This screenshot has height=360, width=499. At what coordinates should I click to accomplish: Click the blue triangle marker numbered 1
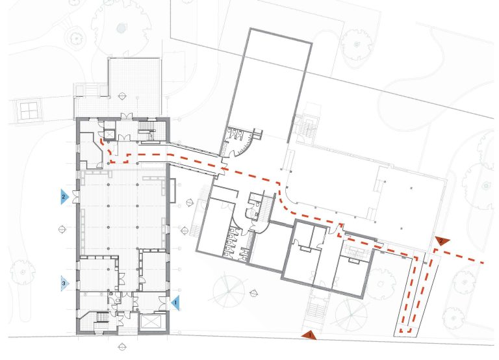tap(175, 301)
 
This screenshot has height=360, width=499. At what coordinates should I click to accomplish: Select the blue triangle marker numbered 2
tap(64, 196)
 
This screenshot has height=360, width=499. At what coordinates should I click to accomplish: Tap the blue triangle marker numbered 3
tap(64, 283)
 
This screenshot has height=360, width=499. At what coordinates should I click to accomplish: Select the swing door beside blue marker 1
tap(162, 301)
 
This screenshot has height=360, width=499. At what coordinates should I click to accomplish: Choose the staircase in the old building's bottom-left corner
tap(101, 319)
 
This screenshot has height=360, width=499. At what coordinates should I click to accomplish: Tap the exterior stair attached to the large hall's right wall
tap(306, 129)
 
